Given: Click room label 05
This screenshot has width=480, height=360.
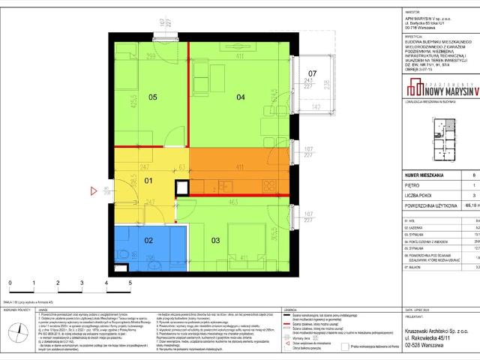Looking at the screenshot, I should click(152, 97).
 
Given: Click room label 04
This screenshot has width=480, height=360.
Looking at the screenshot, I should click(242, 97).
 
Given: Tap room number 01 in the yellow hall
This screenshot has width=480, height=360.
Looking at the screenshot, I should click(148, 181).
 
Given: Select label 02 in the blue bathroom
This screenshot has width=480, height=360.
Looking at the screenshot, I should click(148, 240).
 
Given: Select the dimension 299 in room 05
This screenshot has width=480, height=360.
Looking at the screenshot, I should click(151, 57).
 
